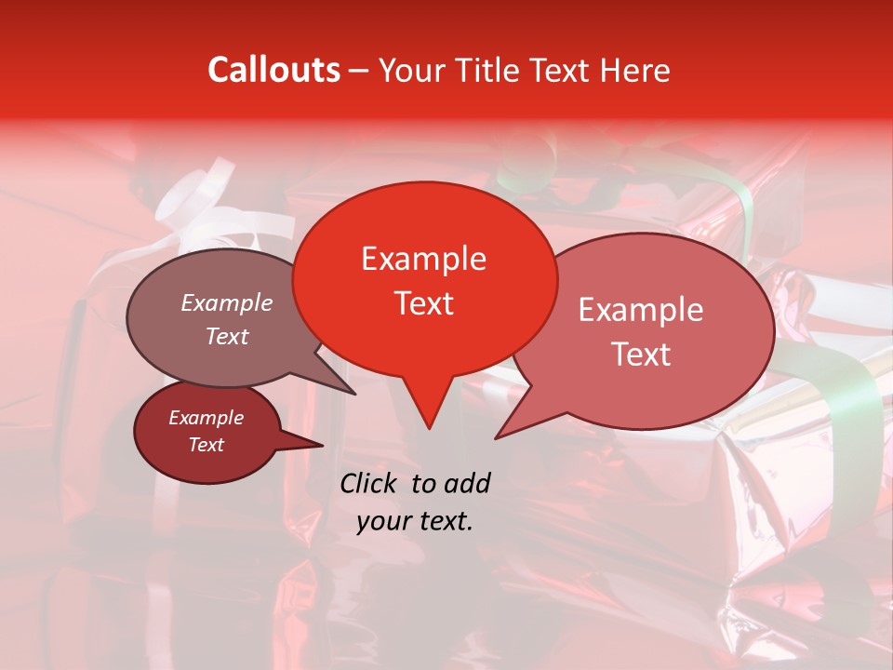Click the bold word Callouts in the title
(273, 70)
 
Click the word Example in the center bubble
(423, 259)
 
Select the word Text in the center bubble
(424, 303)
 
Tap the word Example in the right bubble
(641, 310)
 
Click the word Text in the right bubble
(641, 355)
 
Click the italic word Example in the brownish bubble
(227, 303)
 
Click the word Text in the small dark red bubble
(206, 445)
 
